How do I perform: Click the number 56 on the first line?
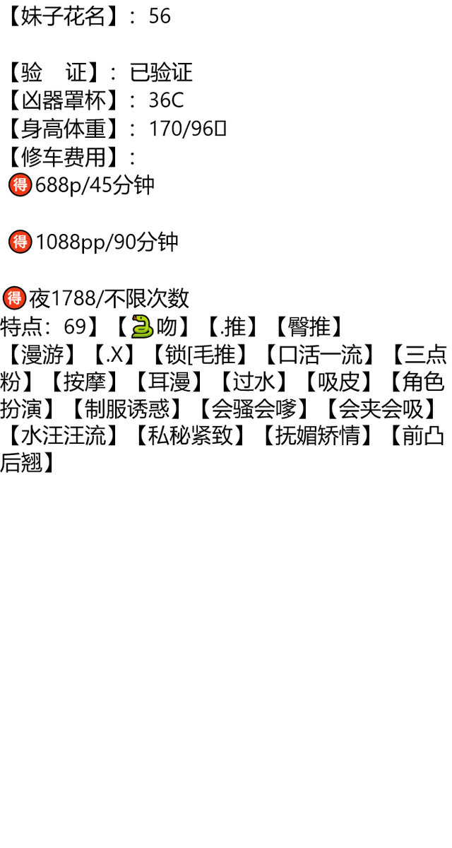point(160,16)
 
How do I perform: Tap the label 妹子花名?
point(62,16)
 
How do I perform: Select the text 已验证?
point(161,72)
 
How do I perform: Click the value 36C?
point(166,100)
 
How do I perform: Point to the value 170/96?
point(182,129)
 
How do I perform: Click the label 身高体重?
point(63,129)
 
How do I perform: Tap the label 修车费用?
point(63,157)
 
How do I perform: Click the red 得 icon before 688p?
point(20,184)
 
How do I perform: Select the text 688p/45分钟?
point(95,185)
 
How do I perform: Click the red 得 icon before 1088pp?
point(20,242)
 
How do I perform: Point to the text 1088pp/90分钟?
point(107,242)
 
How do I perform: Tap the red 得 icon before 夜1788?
point(14,298)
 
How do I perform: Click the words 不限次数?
point(146,298)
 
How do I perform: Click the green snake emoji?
point(142,326)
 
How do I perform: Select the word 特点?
point(21,326)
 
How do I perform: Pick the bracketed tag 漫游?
point(42,354)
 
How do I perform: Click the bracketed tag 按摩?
point(84,382)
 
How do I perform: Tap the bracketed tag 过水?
point(254,382)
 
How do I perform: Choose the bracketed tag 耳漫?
point(169,382)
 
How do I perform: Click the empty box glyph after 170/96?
point(220,129)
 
